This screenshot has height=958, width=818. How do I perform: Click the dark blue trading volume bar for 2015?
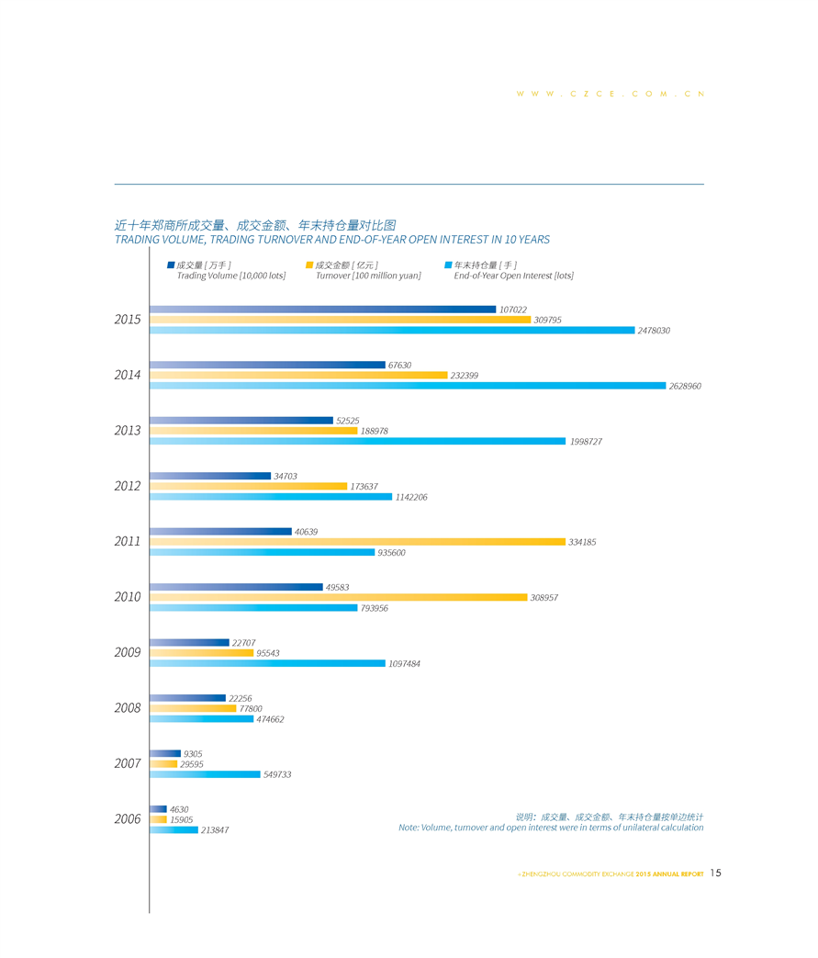(x=322, y=310)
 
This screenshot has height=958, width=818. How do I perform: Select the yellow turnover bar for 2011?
(x=357, y=542)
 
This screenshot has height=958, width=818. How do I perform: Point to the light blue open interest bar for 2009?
(x=267, y=663)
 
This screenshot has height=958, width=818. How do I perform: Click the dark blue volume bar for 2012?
(x=210, y=476)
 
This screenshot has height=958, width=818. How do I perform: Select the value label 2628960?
(x=685, y=387)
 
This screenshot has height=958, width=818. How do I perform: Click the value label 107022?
(x=513, y=310)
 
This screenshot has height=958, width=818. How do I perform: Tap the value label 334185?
(x=582, y=543)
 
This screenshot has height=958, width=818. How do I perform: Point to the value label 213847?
(x=215, y=830)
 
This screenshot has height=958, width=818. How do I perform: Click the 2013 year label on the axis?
(x=128, y=431)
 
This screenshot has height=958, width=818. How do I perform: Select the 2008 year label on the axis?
(x=128, y=708)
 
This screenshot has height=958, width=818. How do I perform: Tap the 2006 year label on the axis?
(x=128, y=819)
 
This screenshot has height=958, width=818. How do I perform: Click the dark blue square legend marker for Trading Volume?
(x=171, y=265)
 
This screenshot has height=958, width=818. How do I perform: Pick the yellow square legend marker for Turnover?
(x=309, y=265)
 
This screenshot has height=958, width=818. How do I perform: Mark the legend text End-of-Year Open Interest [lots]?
(x=513, y=276)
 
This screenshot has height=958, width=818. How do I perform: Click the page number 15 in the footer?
(x=716, y=873)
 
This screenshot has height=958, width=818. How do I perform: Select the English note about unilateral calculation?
(x=551, y=828)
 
